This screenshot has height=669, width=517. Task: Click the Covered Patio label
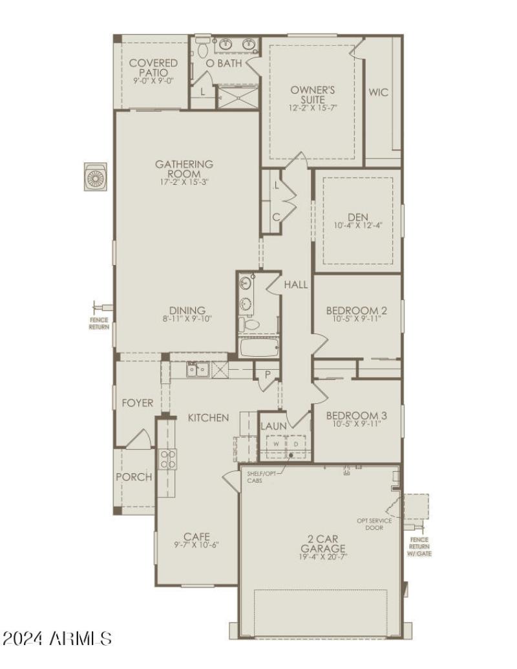153,68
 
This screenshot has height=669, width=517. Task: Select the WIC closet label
379,92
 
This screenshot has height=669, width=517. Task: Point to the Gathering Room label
184,169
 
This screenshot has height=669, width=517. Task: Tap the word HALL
297,284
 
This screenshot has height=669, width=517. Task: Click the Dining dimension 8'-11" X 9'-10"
187,319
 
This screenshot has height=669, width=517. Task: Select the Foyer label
138,403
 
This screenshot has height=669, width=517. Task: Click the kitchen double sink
197,369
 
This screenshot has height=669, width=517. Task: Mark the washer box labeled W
276,445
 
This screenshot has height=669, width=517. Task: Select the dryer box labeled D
296,445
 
